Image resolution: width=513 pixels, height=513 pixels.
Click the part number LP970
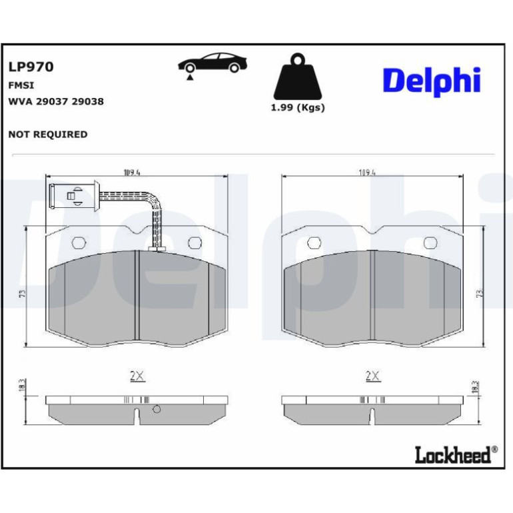(31, 67)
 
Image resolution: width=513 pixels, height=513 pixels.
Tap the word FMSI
(21, 85)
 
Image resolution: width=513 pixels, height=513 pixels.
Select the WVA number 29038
(88, 101)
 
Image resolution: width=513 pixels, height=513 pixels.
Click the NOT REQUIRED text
(48, 135)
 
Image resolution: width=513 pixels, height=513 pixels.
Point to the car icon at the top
(213, 65)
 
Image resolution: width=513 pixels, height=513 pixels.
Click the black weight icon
(297, 77)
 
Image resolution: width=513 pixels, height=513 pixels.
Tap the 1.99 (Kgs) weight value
(298, 108)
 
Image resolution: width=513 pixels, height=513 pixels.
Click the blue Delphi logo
(432, 82)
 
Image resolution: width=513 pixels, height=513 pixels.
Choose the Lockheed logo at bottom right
(456, 455)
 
